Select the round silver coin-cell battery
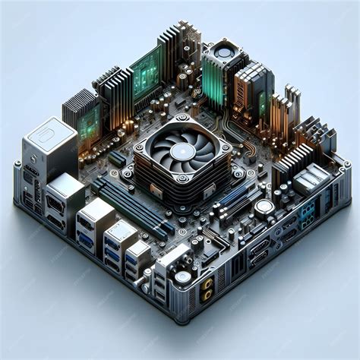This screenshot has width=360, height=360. click(x=264, y=207)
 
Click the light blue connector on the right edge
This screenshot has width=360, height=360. click(x=306, y=210)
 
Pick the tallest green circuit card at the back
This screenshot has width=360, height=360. click(x=146, y=72)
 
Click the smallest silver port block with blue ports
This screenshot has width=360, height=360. click(x=138, y=255)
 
